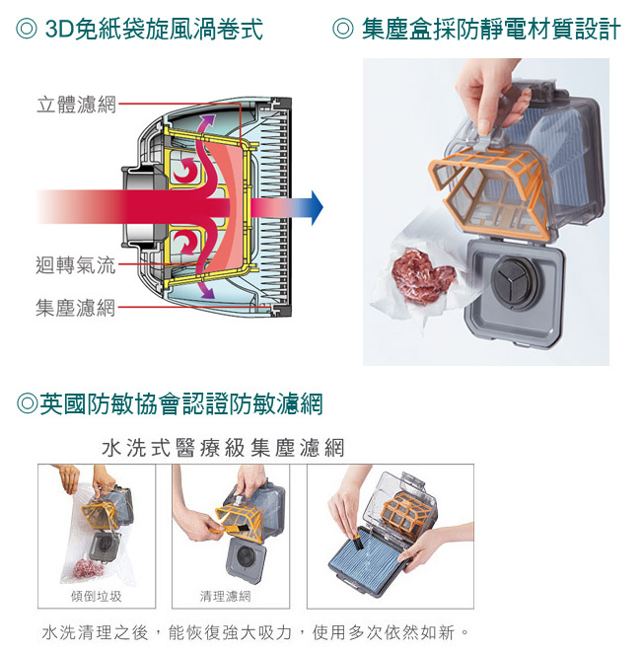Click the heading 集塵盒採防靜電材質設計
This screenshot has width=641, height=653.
click(x=478, y=30)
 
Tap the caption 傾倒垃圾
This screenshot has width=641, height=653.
click(x=97, y=596)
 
